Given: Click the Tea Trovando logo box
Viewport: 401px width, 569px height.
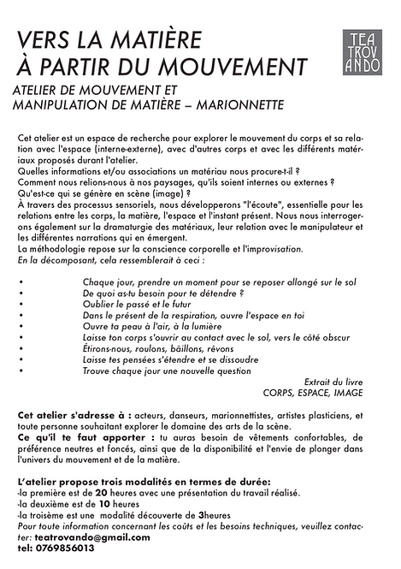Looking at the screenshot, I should pyautogui.click(x=363, y=51).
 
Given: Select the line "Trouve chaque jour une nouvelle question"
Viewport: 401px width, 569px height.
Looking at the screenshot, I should pyautogui.click(x=174, y=372).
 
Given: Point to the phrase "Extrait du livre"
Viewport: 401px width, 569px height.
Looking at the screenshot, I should pyautogui.click(x=333, y=382).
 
